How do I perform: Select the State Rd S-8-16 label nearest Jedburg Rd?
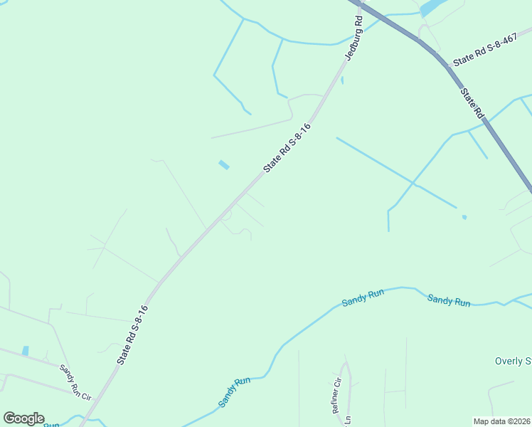pyautogui.click(x=287, y=147)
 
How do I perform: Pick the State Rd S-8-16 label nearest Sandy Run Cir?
pyautogui.click(x=132, y=335)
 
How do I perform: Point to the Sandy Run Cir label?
pyautogui.click(x=76, y=381)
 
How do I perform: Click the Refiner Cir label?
pyautogui.click(x=338, y=396)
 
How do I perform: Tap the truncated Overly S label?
pyautogui.click(x=513, y=361)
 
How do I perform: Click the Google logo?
pyautogui.click(x=23, y=418)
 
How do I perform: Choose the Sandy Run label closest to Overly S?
pyautogui.click(x=449, y=300)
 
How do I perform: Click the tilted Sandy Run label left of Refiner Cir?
pyautogui.click(x=235, y=391)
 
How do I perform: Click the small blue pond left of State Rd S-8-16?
pyautogui.click(x=224, y=165)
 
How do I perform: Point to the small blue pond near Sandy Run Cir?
pyautogui.click(x=26, y=351)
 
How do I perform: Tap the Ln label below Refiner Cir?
pyautogui.click(x=348, y=421)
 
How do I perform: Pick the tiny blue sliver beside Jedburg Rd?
pyautogui.click(x=342, y=80)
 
